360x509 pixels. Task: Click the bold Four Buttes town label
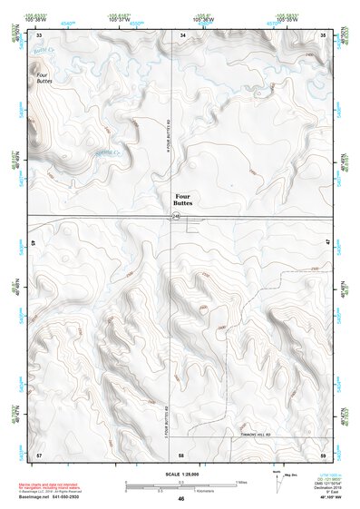(183, 199)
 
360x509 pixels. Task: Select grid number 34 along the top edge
(183, 34)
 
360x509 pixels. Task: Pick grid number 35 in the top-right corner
(323, 34)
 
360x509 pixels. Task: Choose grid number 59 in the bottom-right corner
(323, 453)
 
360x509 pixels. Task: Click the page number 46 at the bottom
(180, 499)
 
